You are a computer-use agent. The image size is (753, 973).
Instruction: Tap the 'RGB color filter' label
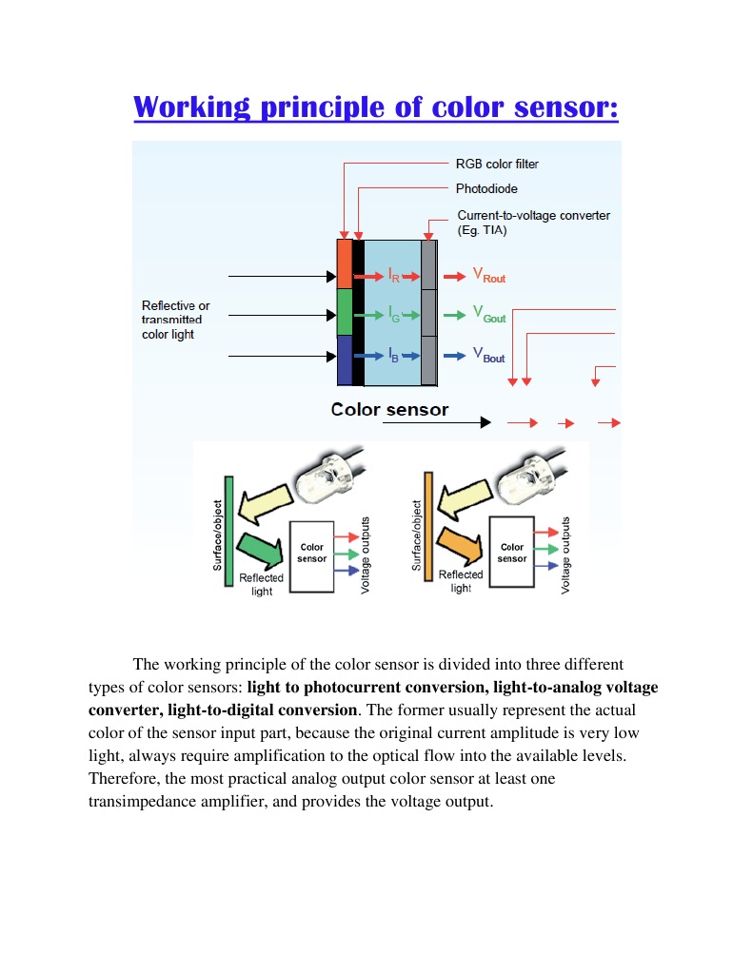[x=497, y=164]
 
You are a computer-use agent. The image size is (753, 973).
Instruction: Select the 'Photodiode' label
[x=486, y=188]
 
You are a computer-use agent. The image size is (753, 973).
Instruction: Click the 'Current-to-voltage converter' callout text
[x=533, y=215]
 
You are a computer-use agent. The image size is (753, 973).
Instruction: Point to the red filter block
[x=345, y=263]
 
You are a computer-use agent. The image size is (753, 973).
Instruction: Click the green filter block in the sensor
[x=345, y=313]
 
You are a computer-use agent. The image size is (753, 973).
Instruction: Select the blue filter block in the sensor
[x=345, y=360]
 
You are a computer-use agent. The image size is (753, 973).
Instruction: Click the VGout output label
[x=489, y=315]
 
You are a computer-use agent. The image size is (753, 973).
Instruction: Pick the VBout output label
[x=489, y=356]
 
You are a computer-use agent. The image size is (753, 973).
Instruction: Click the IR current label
[x=393, y=276]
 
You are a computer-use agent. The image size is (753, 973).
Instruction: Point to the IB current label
[x=393, y=356]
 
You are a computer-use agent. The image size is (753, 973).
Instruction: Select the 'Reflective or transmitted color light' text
[x=175, y=321]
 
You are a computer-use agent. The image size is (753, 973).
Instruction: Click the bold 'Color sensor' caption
[x=389, y=410]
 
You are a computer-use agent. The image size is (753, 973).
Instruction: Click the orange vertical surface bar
[x=428, y=528]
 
